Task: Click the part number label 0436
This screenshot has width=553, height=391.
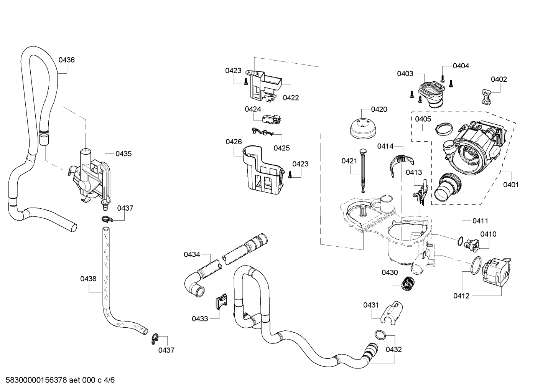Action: pos(66,60)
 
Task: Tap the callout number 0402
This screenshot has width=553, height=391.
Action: pos(499,79)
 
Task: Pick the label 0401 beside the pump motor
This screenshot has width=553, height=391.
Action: pos(511,185)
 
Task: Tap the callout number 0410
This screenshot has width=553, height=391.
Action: pos(488,234)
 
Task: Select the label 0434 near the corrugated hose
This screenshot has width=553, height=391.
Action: pos(192,254)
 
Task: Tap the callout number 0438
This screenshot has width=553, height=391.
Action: pos(88,279)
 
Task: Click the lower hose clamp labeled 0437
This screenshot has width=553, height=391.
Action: pos(155,337)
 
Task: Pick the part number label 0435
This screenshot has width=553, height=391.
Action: pos(123,154)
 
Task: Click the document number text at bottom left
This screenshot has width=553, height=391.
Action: pos(58,380)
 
